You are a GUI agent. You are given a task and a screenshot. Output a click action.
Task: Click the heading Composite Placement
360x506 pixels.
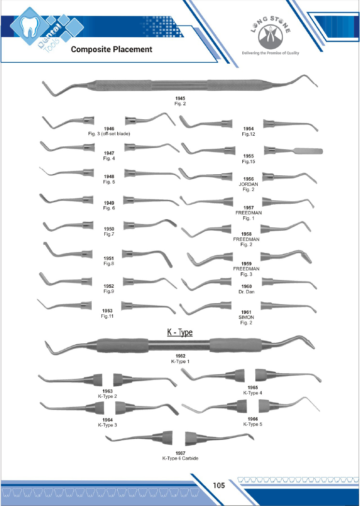pyautogui.click(x=111, y=49)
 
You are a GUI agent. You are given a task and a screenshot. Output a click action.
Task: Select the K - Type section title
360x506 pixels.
pyautogui.click(x=180, y=332)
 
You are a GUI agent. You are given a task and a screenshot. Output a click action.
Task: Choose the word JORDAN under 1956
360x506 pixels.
pyautogui.click(x=248, y=184)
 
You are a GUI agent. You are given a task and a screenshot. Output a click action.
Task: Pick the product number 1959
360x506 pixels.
pyautogui.click(x=247, y=263)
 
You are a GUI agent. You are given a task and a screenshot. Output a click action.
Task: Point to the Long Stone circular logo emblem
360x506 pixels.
pyautogui.click(x=270, y=34)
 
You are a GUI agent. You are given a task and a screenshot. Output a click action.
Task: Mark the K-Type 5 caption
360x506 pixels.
pyautogui.click(x=253, y=424)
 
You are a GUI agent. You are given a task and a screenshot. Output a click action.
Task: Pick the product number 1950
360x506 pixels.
pyautogui.click(x=108, y=228)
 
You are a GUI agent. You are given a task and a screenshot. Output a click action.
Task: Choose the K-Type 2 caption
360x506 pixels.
pyautogui.click(x=108, y=396)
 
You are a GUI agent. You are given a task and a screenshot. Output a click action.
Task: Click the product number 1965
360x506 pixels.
pyautogui.click(x=253, y=387)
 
